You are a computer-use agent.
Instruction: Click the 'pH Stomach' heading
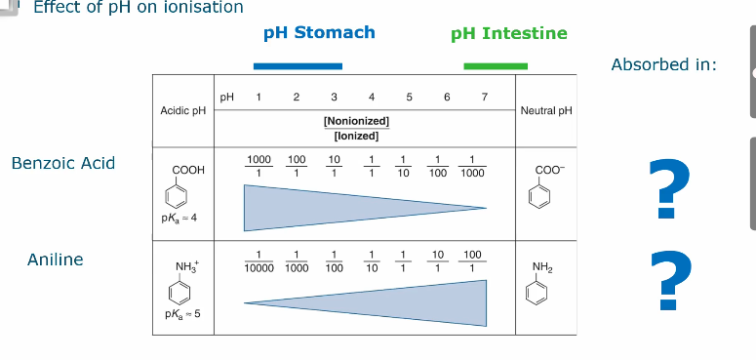pyautogui.click(x=319, y=32)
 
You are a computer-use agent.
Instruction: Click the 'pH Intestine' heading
pyautogui.click(x=508, y=33)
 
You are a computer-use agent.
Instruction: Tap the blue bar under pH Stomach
pyautogui.click(x=298, y=66)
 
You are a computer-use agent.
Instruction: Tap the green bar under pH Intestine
pyautogui.click(x=496, y=66)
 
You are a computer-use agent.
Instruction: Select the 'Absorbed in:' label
pyautogui.click(x=663, y=64)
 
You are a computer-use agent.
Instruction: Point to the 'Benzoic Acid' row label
pyautogui.click(x=63, y=163)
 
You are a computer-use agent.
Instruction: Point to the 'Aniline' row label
pyautogui.click(x=56, y=260)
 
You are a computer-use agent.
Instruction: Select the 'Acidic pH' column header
pyautogui.click(x=183, y=111)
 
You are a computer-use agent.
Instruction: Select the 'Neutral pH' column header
pyautogui.click(x=546, y=111)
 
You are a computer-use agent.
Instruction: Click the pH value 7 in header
pyautogui.click(x=484, y=97)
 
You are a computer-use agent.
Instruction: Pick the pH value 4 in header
pyautogui.click(x=372, y=97)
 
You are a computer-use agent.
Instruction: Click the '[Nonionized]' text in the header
pyautogui.click(x=356, y=120)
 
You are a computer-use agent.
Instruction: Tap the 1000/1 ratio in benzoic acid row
pyautogui.click(x=259, y=166)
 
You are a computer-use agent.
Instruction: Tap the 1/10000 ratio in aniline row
pyautogui.click(x=259, y=260)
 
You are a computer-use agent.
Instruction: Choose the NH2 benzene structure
pyautogui.click(x=543, y=284)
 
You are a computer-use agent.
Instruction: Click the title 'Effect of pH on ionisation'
pyautogui.click(x=139, y=8)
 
